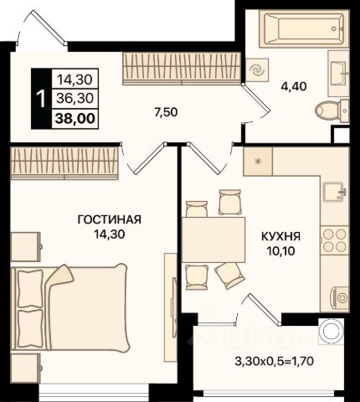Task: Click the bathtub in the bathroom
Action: coord(304,28)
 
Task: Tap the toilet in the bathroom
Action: coord(332,111)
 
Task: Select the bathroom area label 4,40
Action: coord(294,86)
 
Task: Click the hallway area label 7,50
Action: coord(166,112)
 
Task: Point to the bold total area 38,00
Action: coord(75,119)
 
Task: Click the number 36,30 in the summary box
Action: coord(75,98)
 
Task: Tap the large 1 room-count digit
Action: coord(41,99)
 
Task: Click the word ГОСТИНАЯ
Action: coord(110,219)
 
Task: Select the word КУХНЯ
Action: coord(281,236)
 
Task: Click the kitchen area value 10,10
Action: coord(281,251)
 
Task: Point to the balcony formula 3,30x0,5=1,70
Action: coord(275,362)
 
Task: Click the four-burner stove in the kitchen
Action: coord(335,240)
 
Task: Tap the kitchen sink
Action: coord(335,192)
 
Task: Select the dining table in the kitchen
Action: coord(213,240)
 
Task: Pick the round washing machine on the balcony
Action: coord(332,332)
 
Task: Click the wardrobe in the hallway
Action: coord(182,69)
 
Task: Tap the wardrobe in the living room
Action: coord(64,163)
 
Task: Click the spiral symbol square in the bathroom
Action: coord(257,70)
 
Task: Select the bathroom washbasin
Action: coord(338,72)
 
